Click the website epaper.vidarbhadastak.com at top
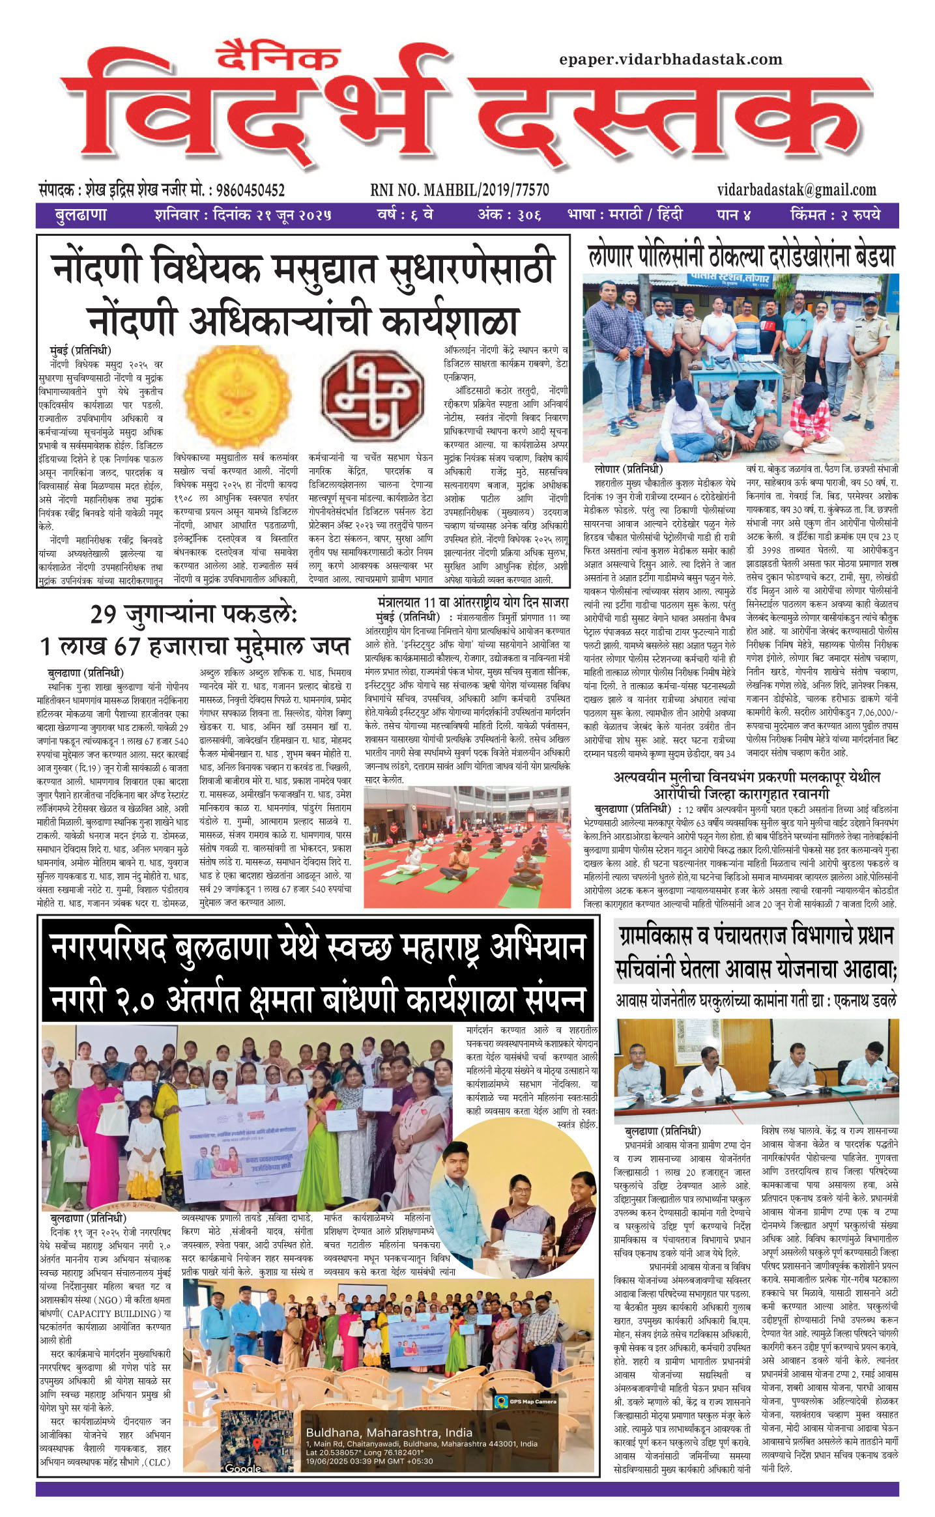coord(670,59)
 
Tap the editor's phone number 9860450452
coord(250,191)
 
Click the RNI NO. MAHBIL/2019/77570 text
coord(459,190)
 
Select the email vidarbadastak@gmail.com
coord(796,190)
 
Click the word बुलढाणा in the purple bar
coord(80,215)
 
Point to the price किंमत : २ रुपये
coord(835,215)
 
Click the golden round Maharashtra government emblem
coord(237,396)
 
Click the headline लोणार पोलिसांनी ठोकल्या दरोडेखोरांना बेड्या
coord(741,256)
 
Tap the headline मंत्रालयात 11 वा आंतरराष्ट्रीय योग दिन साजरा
coord(472,603)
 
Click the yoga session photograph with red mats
coord(467,847)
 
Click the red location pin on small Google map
coord(257,1444)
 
